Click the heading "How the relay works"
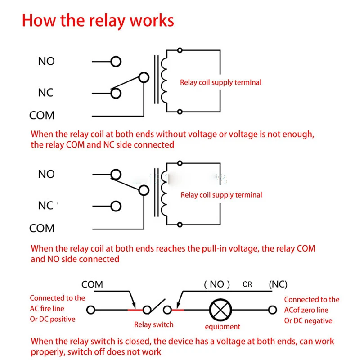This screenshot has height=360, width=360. point(98,21)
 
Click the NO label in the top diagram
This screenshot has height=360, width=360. point(46,61)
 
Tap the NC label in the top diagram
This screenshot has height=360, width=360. point(45,93)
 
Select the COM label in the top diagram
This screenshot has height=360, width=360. point(42,116)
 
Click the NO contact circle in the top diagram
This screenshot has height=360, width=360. point(116,62)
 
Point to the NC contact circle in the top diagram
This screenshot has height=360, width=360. point(116,93)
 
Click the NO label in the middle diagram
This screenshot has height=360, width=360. point(46,174)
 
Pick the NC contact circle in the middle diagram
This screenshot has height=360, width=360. point(116,206)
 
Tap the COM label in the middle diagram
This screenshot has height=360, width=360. point(42,229)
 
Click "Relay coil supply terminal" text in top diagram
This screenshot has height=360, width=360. point(220,82)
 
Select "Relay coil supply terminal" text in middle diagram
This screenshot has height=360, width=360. point(221,195)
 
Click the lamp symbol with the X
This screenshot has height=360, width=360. point(220,310)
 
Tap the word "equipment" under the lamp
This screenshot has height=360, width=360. point(222,327)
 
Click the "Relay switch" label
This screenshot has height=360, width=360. point(154,324)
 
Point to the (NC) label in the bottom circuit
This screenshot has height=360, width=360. point(278,284)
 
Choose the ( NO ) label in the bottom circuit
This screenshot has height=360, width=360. point(217,284)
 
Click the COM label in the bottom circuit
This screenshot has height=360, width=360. point(92,284)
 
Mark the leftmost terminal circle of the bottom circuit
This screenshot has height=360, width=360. point(91,310)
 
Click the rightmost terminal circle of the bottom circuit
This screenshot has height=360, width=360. point(272,310)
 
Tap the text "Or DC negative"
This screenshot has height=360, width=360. point(308,320)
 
